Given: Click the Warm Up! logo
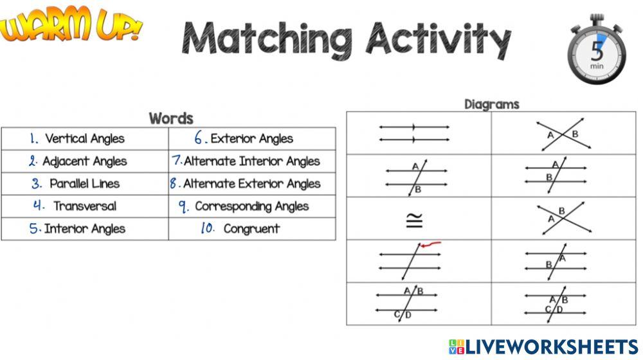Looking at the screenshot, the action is coord(71,28).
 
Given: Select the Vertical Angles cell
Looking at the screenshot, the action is coord(85,139).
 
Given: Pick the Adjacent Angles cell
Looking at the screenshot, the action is coord(85,161).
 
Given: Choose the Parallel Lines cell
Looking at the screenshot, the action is coord(85,184).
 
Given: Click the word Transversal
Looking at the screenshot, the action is coord(85,206).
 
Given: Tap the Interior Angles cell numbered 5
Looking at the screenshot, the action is coord(85,229).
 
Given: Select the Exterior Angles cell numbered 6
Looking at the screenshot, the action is coord(251,139).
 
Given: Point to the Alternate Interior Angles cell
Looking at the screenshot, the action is coord(251,161).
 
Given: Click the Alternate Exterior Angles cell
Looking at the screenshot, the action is coord(251,184).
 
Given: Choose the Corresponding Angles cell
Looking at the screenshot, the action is coord(251,206).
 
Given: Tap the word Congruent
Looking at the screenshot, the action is coord(251,229).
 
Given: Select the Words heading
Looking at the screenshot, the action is coord(171,118).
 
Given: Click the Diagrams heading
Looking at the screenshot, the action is coord(491,104).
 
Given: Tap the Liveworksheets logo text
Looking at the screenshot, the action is coord(552,347).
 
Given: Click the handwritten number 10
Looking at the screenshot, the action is coord(207,228).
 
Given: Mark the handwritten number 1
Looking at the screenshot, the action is coord(34,138).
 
